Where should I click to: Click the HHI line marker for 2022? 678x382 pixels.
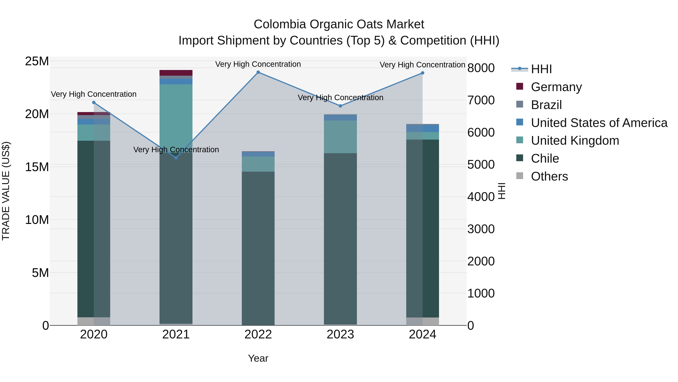[258, 72]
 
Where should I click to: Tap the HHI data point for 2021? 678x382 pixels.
[176, 158]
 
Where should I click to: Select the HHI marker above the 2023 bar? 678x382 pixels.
[340, 106]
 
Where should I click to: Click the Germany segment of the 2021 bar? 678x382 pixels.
[176, 73]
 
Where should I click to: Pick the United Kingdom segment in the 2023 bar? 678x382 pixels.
[340, 137]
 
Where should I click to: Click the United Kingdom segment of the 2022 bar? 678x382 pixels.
[258, 164]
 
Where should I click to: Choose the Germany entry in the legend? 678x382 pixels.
[556, 87]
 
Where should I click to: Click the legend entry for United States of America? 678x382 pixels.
[599, 123]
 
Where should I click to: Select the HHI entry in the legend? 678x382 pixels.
[541, 69]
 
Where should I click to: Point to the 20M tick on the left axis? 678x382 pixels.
[37, 114]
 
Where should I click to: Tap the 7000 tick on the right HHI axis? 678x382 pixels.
[481, 100]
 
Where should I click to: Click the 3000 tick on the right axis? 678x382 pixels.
[481, 229]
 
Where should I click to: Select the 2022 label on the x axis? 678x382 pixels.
[258, 334]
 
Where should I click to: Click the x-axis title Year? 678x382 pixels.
[258, 358]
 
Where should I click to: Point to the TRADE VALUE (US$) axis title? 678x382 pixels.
[6, 191]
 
